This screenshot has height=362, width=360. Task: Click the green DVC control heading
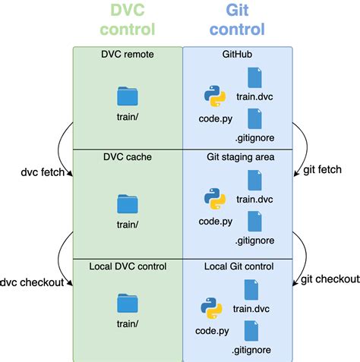pyautogui.click(x=127, y=20)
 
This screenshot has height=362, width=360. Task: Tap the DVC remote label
pyautogui.click(x=127, y=55)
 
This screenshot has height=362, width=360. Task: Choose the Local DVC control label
pyautogui.click(x=127, y=266)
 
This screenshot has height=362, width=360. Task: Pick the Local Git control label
pyautogui.click(x=238, y=266)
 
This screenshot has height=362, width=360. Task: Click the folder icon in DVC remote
pyautogui.click(x=128, y=96)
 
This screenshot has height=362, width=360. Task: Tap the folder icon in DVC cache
pyautogui.click(x=128, y=203)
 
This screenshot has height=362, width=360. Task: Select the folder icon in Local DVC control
pyautogui.click(x=128, y=304)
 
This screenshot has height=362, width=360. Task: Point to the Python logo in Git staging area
pyautogui.click(x=215, y=199)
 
